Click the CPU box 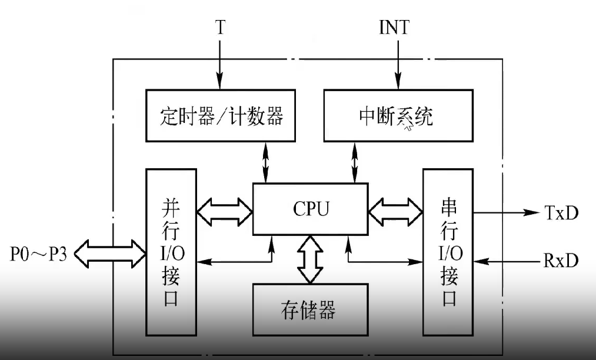[x=310, y=209]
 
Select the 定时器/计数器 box [x=221, y=116]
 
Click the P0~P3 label [x=36, y=254]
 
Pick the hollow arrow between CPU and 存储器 [x=310, y=259]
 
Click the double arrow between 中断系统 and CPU [x=354, y=162]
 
